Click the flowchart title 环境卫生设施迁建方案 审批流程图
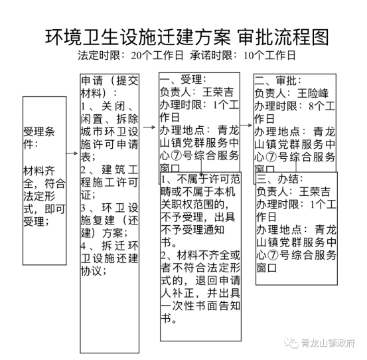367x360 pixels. coord(186,37)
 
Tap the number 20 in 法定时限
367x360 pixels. coord(137,56)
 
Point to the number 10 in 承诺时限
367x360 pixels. coord(249,56)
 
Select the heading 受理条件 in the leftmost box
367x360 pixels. coord(38,137)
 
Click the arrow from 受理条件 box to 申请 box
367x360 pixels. coord(72,153)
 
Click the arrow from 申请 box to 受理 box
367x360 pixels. coord(149,127)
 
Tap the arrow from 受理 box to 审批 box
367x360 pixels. coord(246,126)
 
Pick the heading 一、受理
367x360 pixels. coord(183,80)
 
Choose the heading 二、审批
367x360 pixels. coord(278,81)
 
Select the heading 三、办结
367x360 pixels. coord(279,179)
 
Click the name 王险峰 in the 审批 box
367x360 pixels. coord(313,93)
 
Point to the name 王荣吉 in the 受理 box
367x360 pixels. coord(218,92)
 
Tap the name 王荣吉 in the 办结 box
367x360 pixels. coord(315,191)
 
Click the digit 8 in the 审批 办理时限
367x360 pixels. coord(311,106)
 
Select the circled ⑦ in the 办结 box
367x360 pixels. coord(273,255)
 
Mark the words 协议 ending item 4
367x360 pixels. coord(91,272)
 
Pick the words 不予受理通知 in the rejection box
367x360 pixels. coord(192,230)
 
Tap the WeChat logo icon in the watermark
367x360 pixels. coord(291,343)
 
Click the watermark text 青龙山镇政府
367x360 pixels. coord(328,343)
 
